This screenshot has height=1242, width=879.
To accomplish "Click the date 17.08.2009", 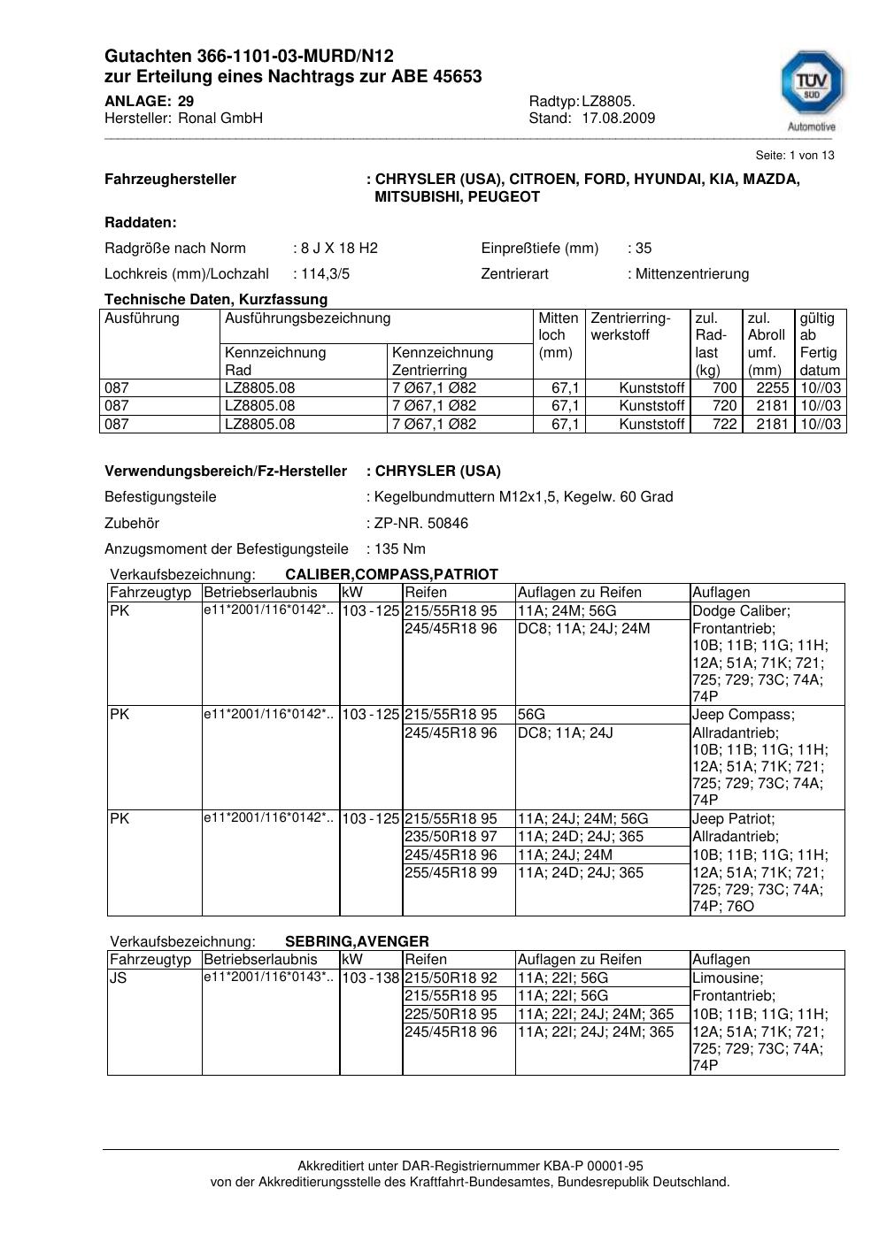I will pos(619,119).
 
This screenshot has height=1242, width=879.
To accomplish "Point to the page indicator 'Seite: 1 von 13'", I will pos(795,156).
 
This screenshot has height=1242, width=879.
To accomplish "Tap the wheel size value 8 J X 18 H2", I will pos(339,249).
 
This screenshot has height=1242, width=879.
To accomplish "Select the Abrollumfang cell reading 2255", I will pos(773,388).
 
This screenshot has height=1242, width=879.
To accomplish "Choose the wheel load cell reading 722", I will pos(724,425).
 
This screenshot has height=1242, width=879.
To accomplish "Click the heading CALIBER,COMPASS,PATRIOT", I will pos(391,575).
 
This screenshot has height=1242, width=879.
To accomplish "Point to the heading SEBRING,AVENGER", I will pos(357,942).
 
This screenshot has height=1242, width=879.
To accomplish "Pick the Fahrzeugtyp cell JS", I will pos(119,978).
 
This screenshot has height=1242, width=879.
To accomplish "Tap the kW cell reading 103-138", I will pos(371,978).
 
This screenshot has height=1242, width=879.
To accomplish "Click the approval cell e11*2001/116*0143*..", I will pos(268,977).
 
